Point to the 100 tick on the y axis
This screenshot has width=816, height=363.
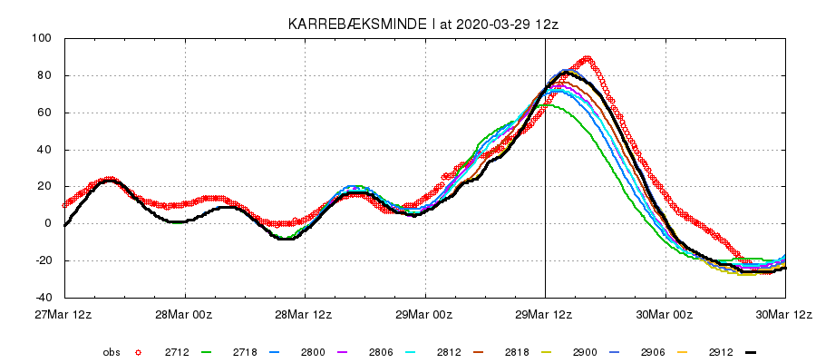[43, 39]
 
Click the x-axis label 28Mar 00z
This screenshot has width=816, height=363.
[185, 315]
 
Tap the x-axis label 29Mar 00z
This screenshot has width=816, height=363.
[425, 315]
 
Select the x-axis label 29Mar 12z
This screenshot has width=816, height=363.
[545, 315]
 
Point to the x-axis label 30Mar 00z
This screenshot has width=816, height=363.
[665, 315]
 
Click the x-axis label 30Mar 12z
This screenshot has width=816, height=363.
[784, 315]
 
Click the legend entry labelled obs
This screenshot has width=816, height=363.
[112, 351]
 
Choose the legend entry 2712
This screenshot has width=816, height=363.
[177, 351]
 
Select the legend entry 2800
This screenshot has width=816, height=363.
[311, 351]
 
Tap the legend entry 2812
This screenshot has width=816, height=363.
[445, 351]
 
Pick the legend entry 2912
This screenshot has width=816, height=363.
[714, 351]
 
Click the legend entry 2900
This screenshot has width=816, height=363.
[579, 351]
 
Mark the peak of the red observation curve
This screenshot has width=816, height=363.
[588, 59]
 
